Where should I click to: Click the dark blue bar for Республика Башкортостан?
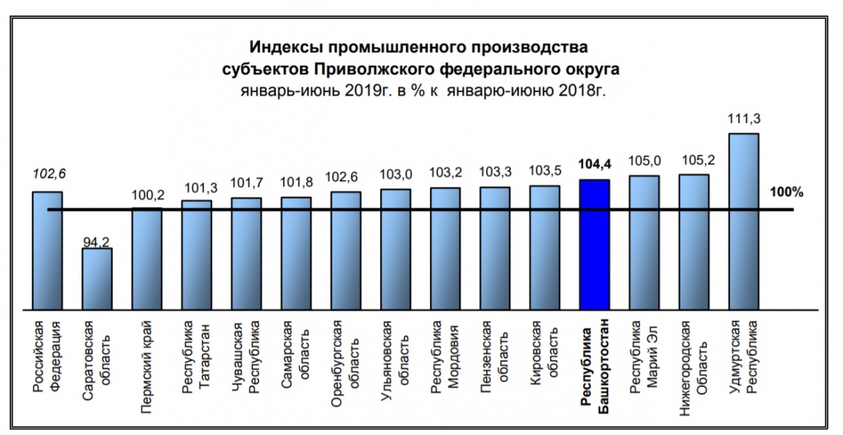pyautogui.click(x=594, y=244)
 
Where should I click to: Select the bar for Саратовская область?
pyautogui.click(x=97, y=278)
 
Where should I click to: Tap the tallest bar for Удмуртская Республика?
pyautogui.click(x=744, y=221)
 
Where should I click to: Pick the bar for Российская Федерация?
pyautogui.click(x=47, y=249)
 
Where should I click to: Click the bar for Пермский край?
pyautogui.click(x=147, y=258)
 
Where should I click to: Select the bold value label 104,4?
pyautogui.click(x=594, y=164)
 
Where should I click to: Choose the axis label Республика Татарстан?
pyautogui.click(x=196, y=358)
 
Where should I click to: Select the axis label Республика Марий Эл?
pyautogui.click(x=643, y=358)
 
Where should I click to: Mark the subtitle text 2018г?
pyautogui.click(x=584, y=91)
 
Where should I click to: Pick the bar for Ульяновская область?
pyautogui.click(x=396, y=249)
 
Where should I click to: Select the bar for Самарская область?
pyautogui.click(x=296, y=253)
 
